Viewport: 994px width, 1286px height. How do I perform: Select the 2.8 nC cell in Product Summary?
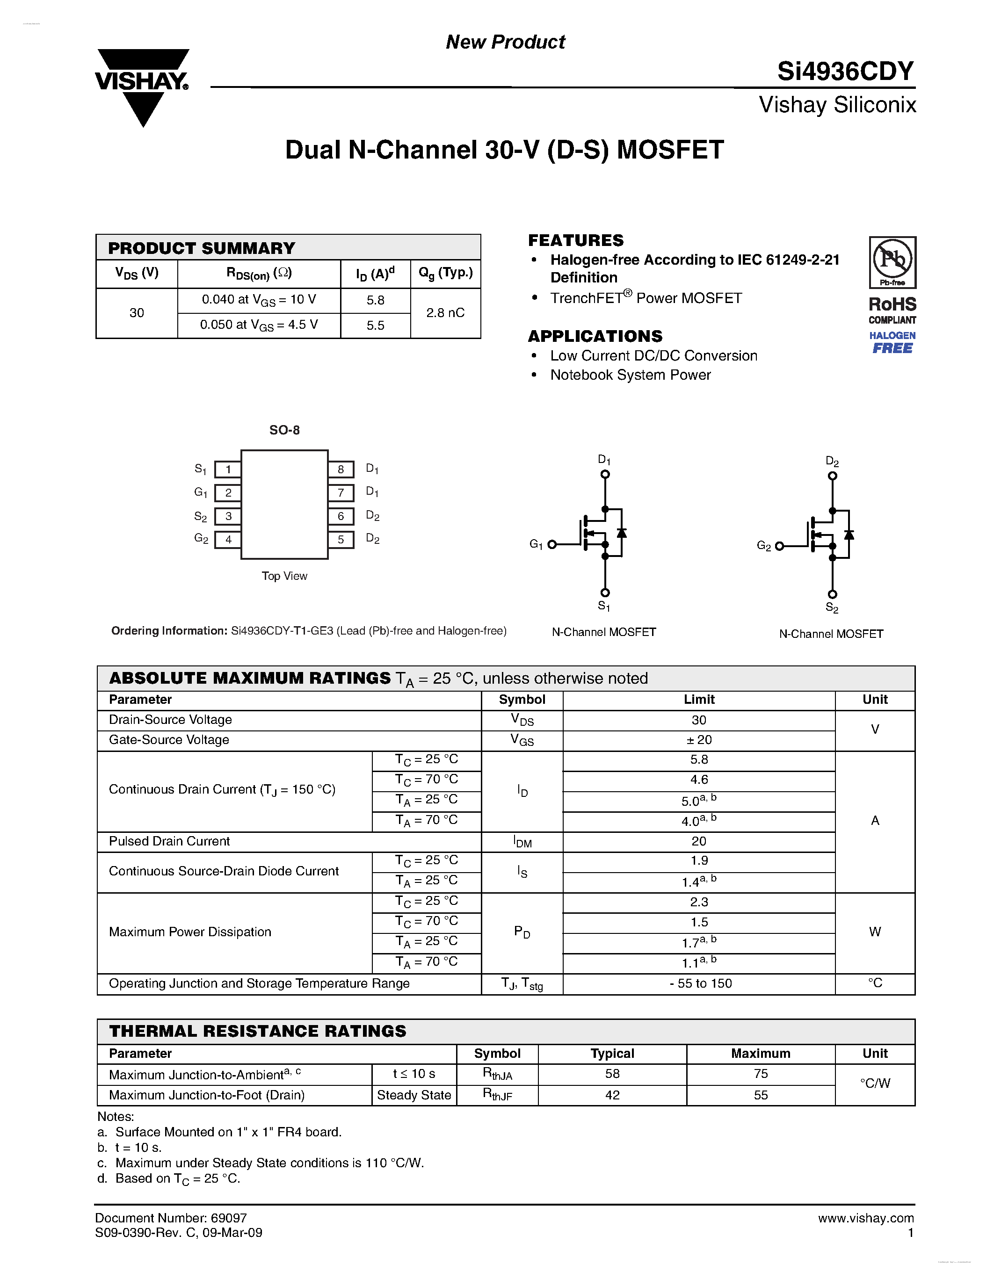(445, 313)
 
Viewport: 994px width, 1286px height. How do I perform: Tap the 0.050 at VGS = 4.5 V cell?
(259, 325)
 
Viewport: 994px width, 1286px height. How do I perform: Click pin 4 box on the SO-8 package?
(228, 539)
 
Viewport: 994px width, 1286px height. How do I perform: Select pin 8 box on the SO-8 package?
(341, 470)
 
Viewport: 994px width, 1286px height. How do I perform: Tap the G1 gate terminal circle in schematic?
(552, 545)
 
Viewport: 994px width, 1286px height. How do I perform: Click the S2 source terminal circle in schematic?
(832, 594)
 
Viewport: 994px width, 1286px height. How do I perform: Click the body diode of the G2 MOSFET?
(849, 535)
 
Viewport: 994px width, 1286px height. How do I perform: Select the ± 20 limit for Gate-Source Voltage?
(699, 740)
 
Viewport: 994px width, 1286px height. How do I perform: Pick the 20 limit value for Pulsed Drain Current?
(699, 841)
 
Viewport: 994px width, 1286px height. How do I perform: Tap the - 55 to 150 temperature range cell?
(700, 984)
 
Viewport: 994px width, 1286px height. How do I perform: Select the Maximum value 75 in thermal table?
(760, 1074)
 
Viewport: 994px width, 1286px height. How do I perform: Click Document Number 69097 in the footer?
(171, 1218)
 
